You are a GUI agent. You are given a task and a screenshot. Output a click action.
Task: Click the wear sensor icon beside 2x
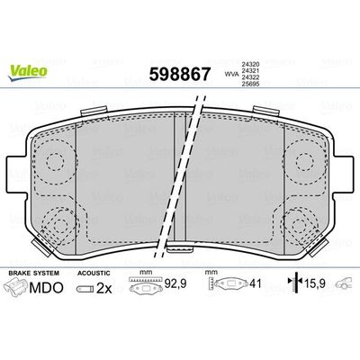(x=88, y=288)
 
